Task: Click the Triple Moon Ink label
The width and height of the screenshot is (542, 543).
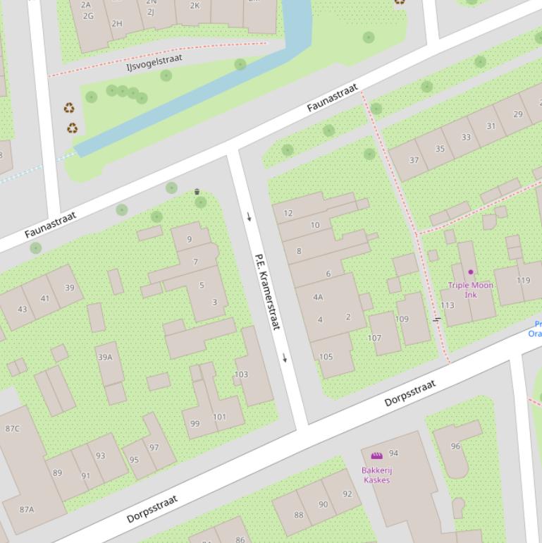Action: click(470, 290)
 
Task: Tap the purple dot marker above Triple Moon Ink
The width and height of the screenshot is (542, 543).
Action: click(471, 271)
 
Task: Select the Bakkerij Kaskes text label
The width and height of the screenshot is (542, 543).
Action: click(376, 475)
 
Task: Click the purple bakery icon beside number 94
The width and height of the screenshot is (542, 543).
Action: click(376, 456)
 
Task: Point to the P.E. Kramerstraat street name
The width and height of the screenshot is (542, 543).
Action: click(267, 291)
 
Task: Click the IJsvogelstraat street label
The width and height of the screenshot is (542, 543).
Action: click(154, 62)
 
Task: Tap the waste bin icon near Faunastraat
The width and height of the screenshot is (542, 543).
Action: click(197, 192)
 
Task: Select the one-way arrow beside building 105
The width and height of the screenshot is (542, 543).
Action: click(285, 358)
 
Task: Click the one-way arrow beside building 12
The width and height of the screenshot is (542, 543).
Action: click(249, 216)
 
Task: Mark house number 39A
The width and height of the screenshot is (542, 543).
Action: click(105, 357)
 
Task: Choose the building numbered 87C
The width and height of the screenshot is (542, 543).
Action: click(13, 428)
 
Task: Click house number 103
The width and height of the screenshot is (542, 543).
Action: click(241, 374)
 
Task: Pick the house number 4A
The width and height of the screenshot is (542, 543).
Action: click(318, 297)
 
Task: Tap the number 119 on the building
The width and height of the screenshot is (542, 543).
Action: click(523, 280)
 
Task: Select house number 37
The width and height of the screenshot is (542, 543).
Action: click(414, 160)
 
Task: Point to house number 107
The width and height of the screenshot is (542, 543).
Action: click(374, 338)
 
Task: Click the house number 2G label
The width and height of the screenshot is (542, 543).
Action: click(88, 16)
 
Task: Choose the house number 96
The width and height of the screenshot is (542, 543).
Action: click(455, 446)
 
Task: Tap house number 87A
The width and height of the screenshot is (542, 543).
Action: click(27, 509)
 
